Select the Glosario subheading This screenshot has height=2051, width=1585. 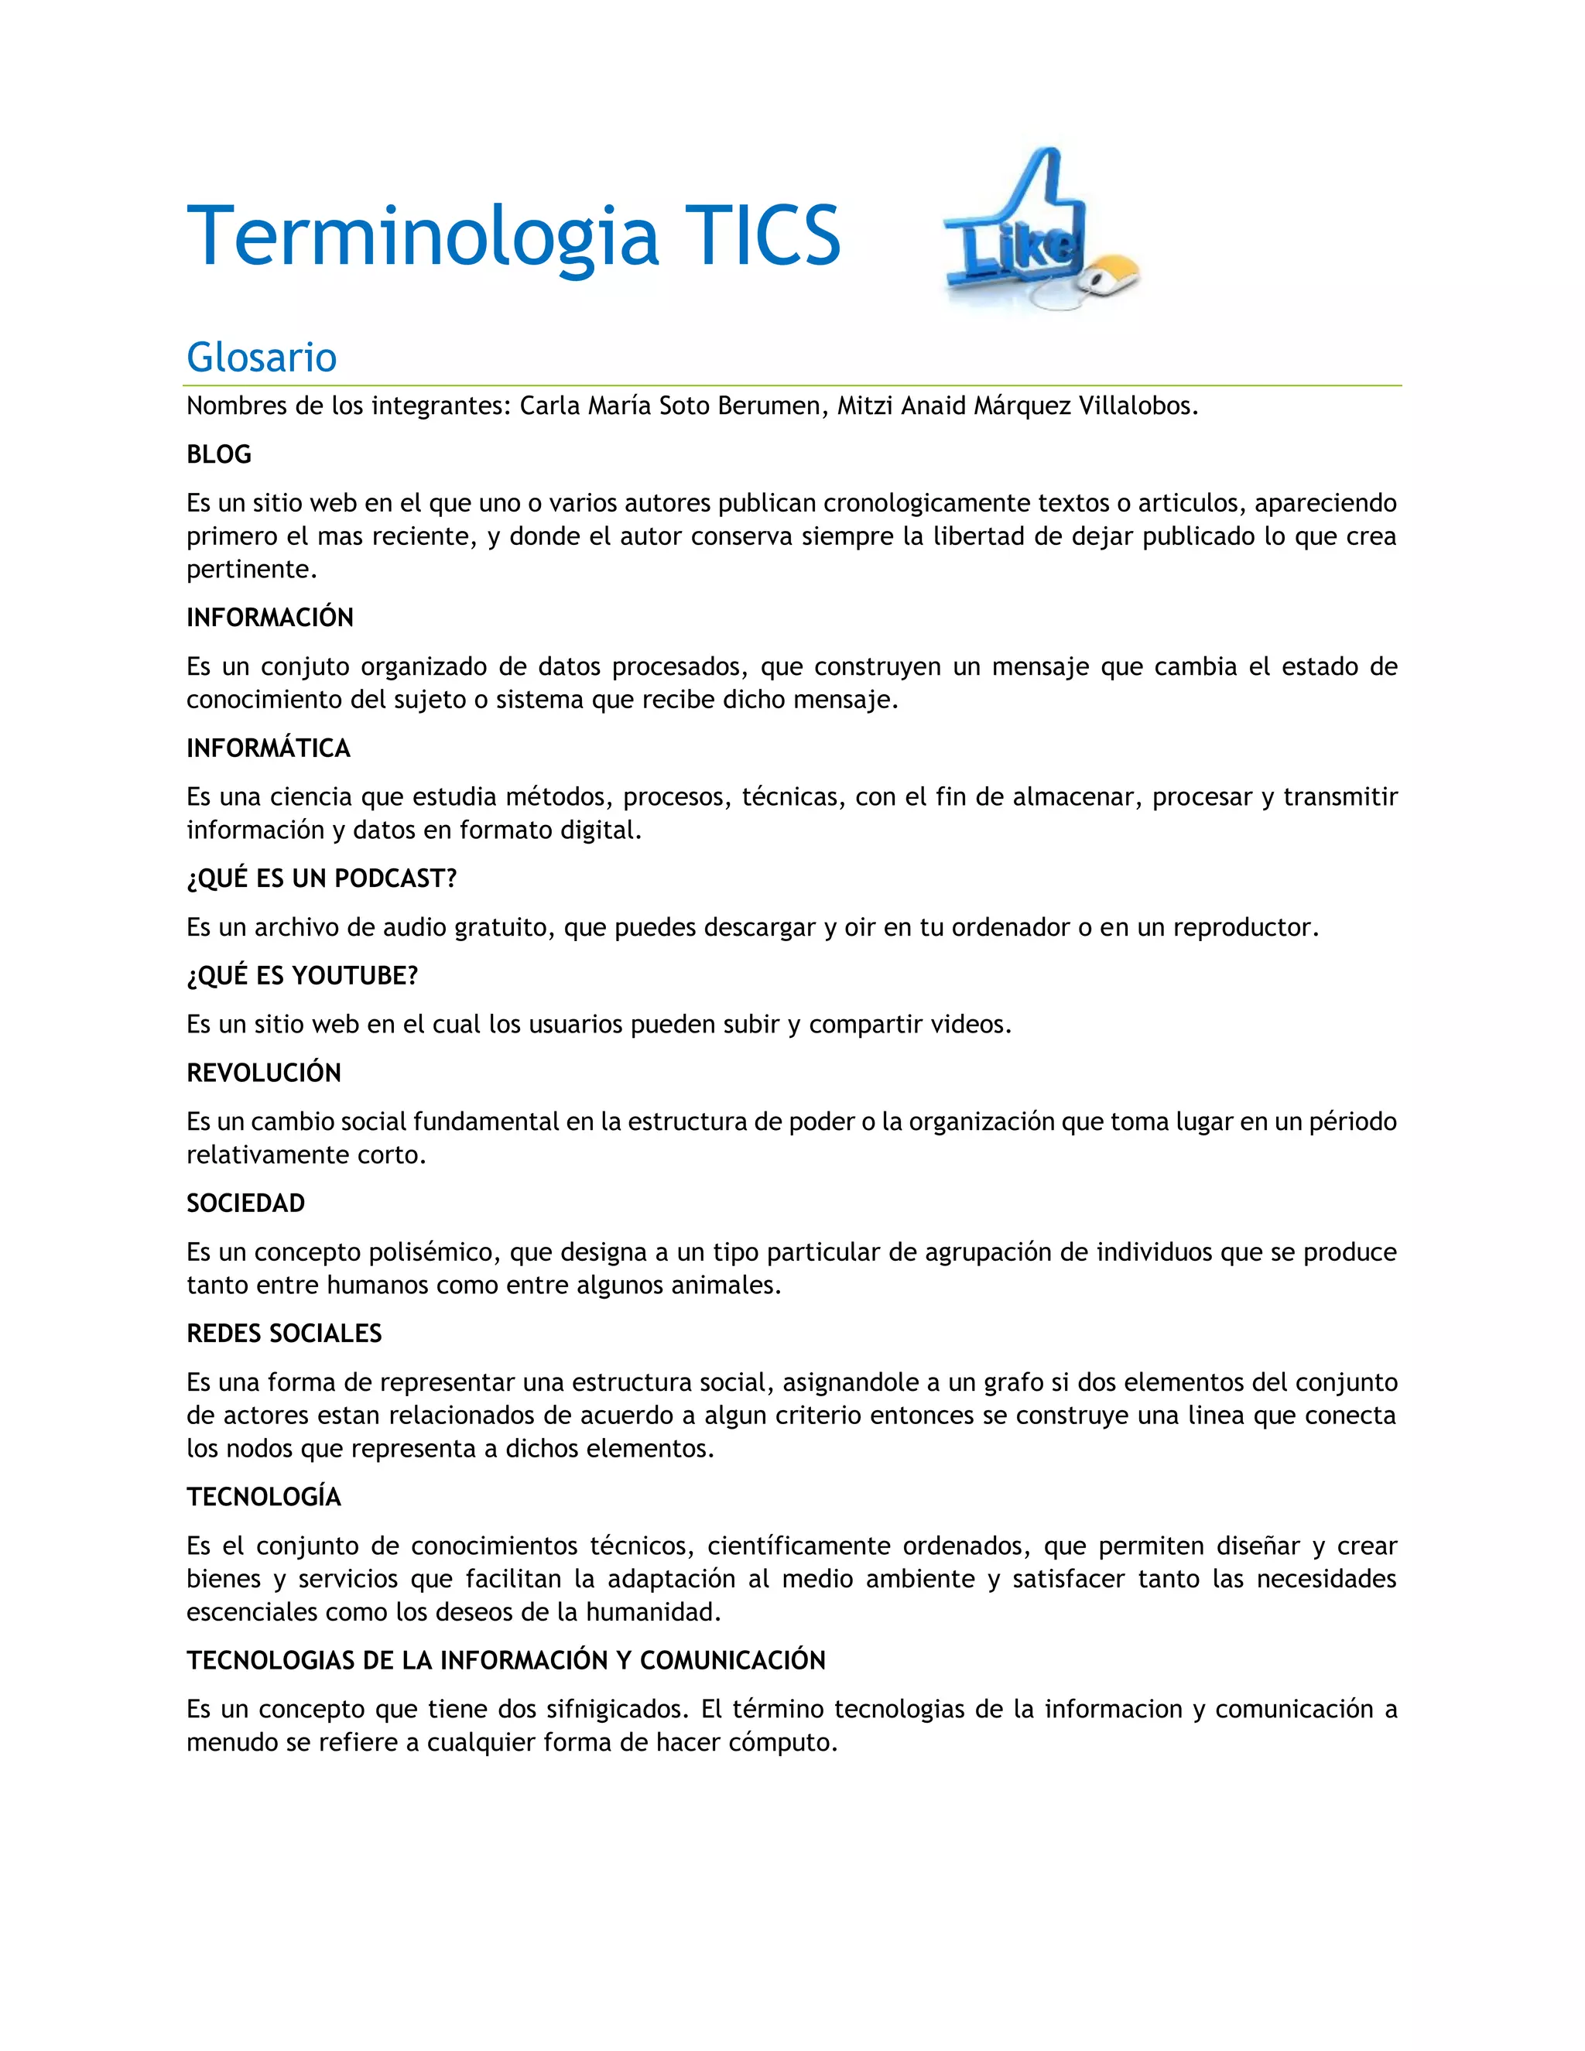[261, 358]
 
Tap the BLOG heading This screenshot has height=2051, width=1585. [219, 454]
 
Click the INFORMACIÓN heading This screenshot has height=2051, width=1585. [269, 617]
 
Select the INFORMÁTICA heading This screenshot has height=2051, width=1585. [268, 748]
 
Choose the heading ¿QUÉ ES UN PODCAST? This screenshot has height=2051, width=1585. [321, 878]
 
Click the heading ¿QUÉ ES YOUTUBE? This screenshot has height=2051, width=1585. [301, 976]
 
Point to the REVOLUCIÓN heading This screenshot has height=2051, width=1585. [263, 1073]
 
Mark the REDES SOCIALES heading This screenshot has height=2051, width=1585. [283, 1334]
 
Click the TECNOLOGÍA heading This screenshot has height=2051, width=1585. [263, 1497]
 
